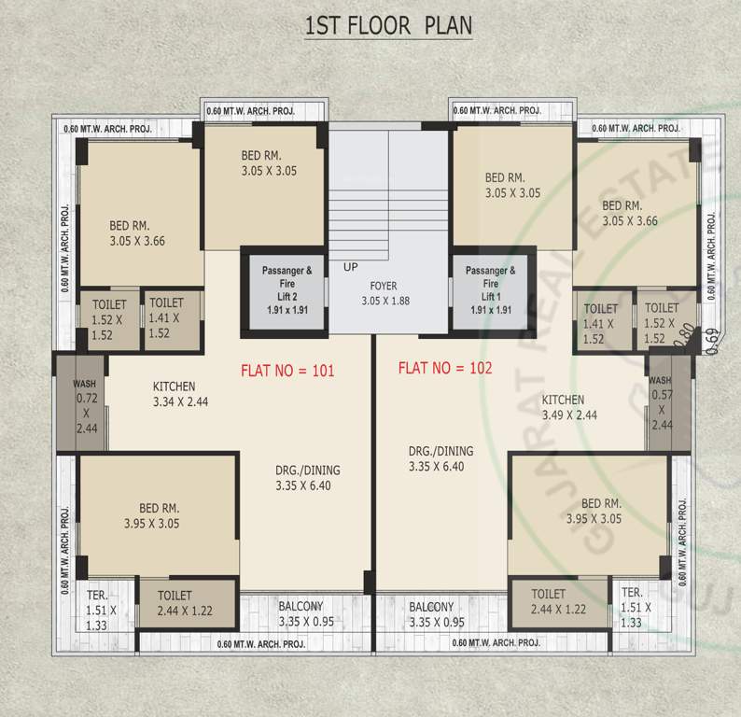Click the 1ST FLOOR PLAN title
tap(388, 25)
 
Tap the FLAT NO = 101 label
tap(287, 371)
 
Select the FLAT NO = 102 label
tap(444, 368)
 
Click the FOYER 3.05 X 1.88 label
tap(385, 293)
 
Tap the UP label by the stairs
tap(351, 267)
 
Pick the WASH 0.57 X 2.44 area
tap(662, 403)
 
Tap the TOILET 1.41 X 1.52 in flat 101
tap(166, 317)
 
